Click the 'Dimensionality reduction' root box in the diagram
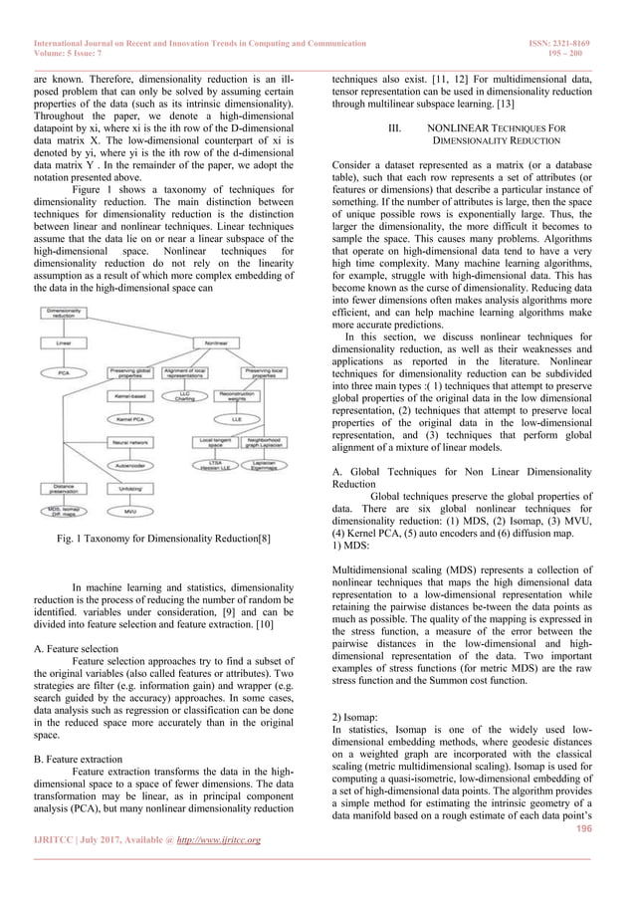pos(64,315)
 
